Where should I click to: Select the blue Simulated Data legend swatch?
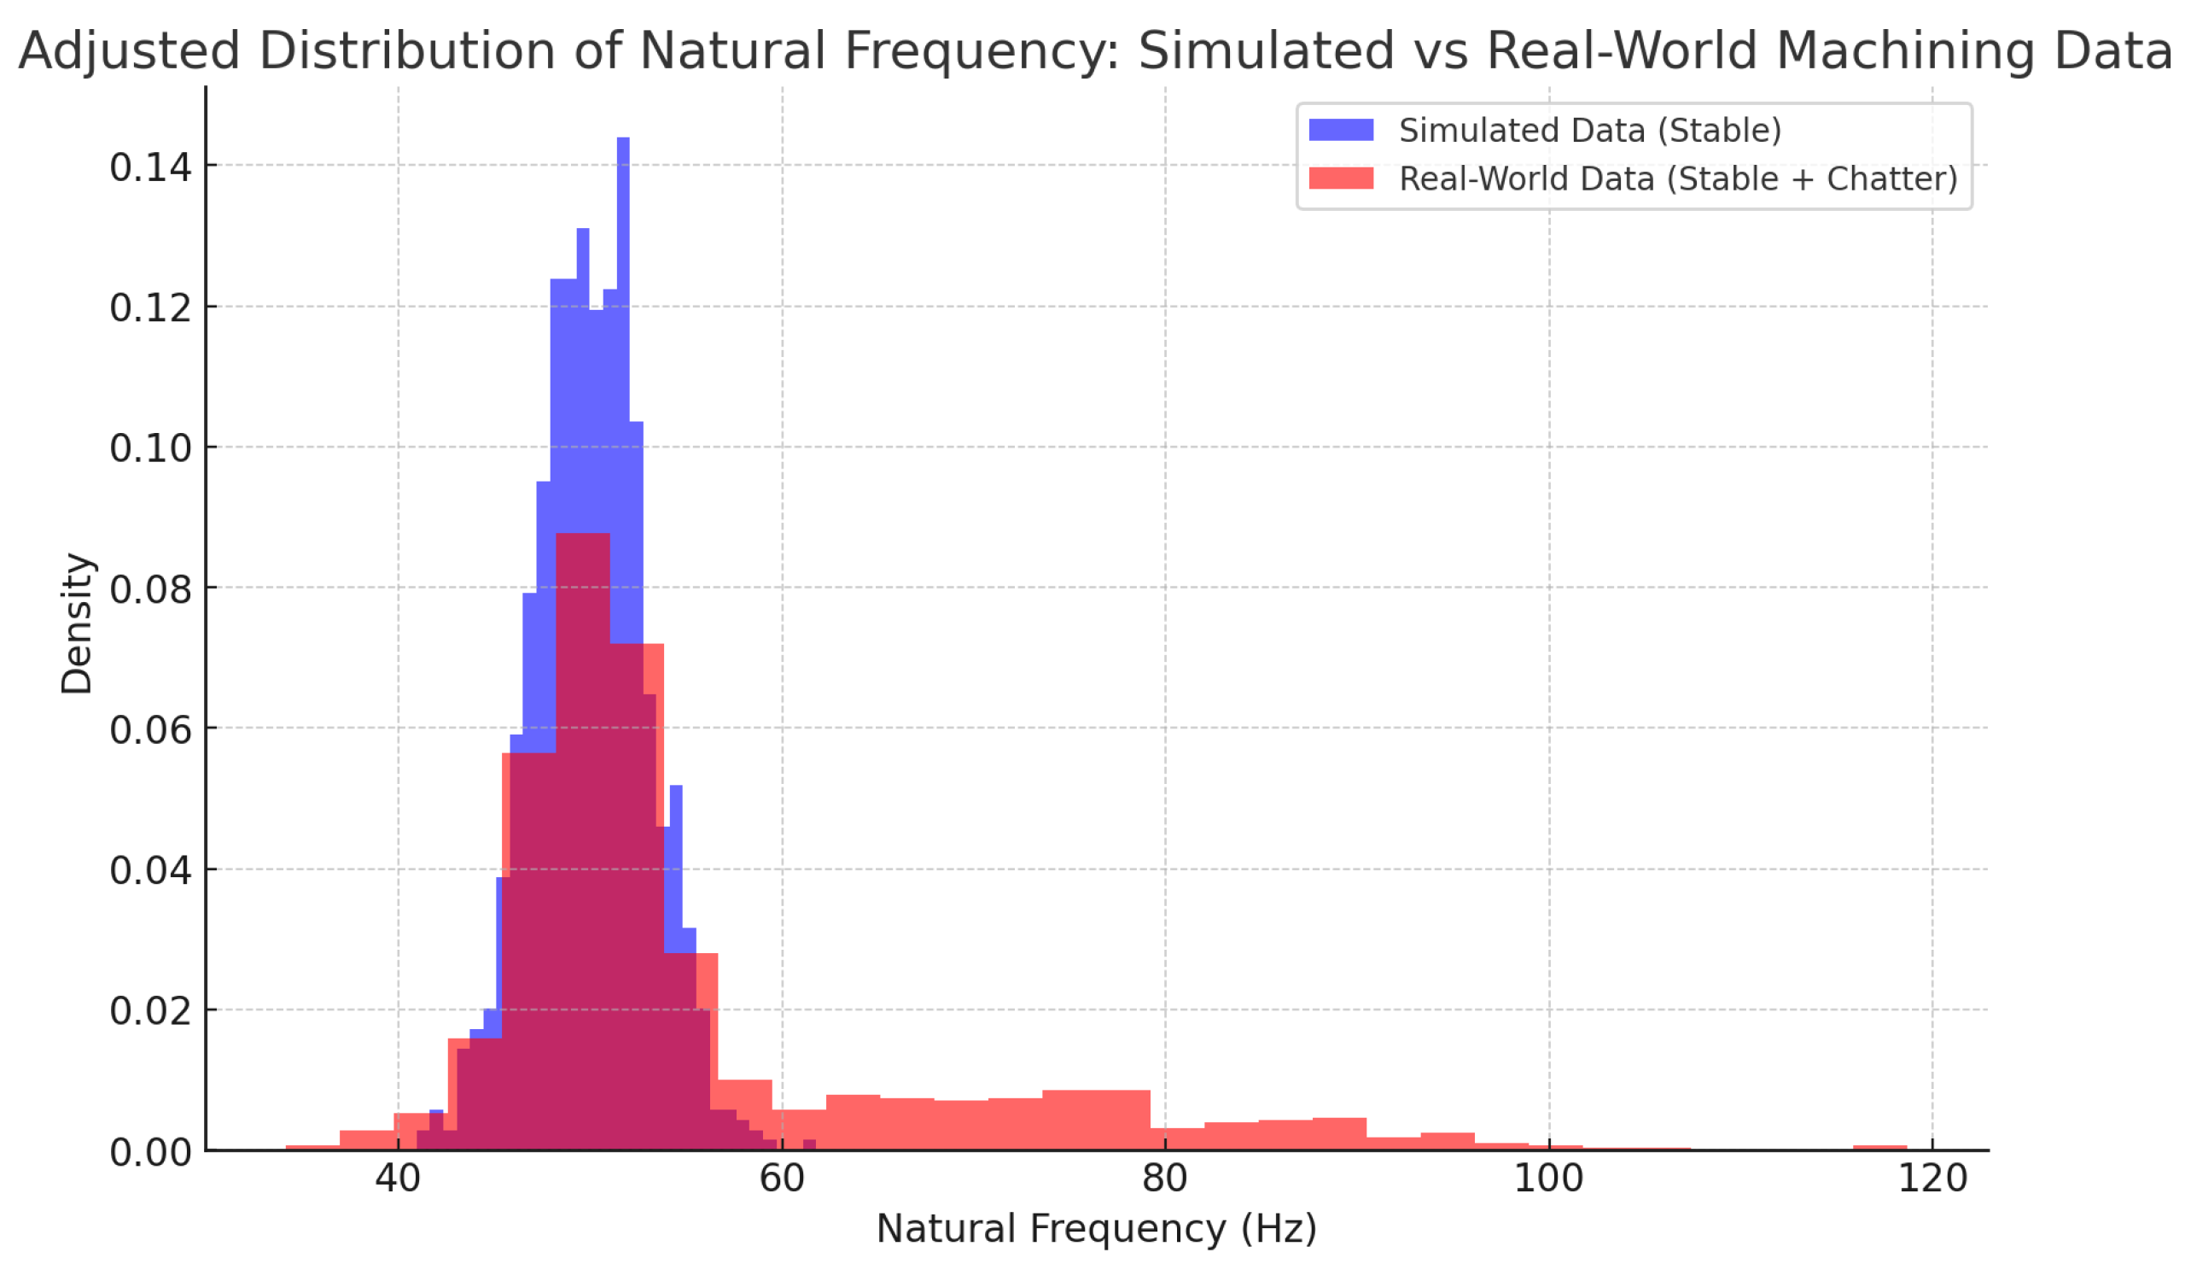tap(1341, 130)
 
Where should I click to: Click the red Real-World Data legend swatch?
tap(1341, 178)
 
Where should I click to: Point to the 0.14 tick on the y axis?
tap(150, 167)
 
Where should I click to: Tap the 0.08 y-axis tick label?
tap(150, 589)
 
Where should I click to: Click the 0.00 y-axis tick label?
tap(150, 1152)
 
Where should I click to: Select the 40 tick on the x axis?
tap(398, 1179)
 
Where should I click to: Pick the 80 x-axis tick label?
tap(1164, 1179)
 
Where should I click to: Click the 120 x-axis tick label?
tap(1932, 1179)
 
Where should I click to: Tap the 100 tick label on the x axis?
tap(1548, 1179)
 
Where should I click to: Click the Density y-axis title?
tap(76, 623)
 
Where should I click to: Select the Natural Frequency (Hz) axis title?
tap(1096, 1229)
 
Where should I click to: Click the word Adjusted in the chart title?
tap(128, 50)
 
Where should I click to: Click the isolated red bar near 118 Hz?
tap(1879, 1148)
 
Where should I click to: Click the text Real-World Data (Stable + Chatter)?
tap(1678, 178)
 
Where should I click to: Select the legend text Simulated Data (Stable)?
tap(1590, 130)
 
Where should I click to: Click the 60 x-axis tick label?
tap(781, 1179)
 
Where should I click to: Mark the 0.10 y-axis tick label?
tap(150, 448)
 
